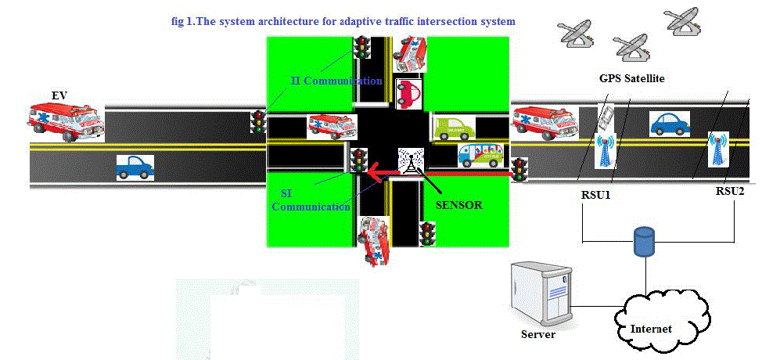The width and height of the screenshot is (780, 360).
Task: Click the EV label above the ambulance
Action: point(59,95)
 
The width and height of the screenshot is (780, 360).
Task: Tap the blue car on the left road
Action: point(135,167)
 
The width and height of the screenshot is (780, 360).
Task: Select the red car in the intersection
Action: point(408,93)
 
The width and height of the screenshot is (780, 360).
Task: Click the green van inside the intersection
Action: point(451,128)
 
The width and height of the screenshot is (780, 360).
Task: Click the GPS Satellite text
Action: point(631,79)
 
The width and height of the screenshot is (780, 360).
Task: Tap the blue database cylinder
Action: point(644,243)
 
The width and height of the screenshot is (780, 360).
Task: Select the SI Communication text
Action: point(313,200)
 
